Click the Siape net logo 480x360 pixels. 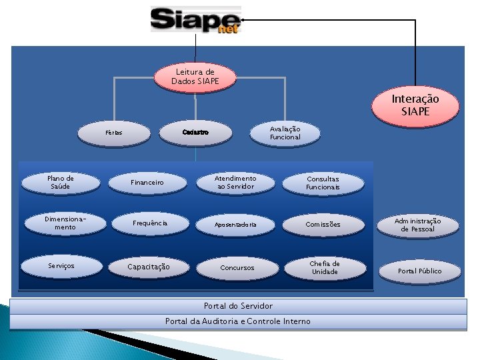(x=195, y=19)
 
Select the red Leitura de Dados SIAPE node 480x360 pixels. (x=195, y=77)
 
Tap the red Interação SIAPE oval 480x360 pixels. (x=415, y=105)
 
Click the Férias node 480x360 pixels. (x=114, y=133)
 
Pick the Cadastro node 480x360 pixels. (x=195, y=133)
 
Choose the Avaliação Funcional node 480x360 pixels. (x=285, y=133)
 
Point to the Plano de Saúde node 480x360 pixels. (x=61, y=182)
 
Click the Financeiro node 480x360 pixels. (x=147, y=182)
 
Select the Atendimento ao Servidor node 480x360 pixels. (x=235, y=183)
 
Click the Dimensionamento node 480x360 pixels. (x=61, y=223)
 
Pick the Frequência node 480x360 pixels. (x=149, y=223)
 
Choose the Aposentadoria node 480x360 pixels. (x=235, y=225)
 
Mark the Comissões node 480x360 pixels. (x=323, y=225)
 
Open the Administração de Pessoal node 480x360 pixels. (x=418, y=225)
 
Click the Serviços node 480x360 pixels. (x=61, y=266)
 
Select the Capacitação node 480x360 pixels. (x=149, y=267)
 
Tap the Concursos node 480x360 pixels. (x=237, y=267)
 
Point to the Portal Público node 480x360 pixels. (x=419, y=271)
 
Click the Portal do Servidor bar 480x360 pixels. (x=238, y=306)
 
